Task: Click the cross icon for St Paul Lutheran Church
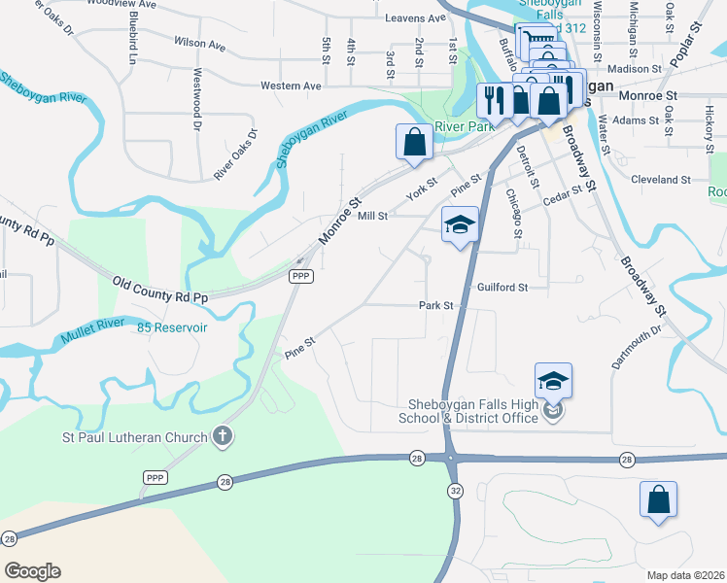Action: click(223, 435)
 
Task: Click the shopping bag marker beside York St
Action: click(415, 142)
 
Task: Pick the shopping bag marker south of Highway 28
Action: click(658, 499)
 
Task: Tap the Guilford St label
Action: click(502, 288)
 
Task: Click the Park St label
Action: click(436, 305)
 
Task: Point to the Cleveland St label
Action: click(660, 180)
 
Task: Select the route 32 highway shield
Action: click(454, 492)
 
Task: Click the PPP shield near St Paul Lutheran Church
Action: click(155, 477)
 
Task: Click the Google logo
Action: click(32, 570)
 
